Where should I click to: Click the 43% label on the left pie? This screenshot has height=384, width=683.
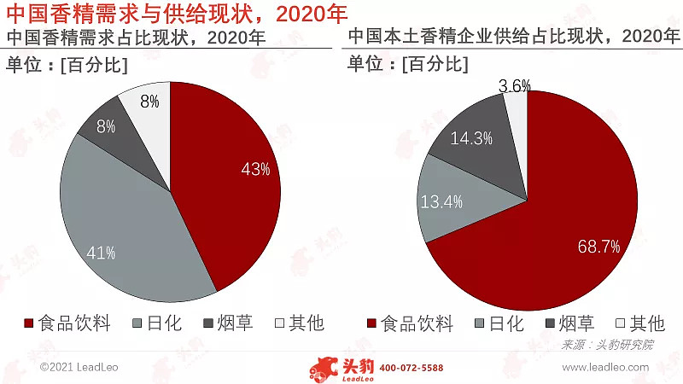point(255,169)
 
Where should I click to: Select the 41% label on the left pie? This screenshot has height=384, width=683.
point(101,253)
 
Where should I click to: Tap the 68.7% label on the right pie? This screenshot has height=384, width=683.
point(598,247)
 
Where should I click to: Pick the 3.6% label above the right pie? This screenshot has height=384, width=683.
point(514,85)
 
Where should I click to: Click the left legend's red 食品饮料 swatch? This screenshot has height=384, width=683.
point(28,323)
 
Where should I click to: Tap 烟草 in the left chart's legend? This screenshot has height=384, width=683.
point(234,323)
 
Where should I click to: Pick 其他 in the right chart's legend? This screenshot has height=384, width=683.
point(645,323)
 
